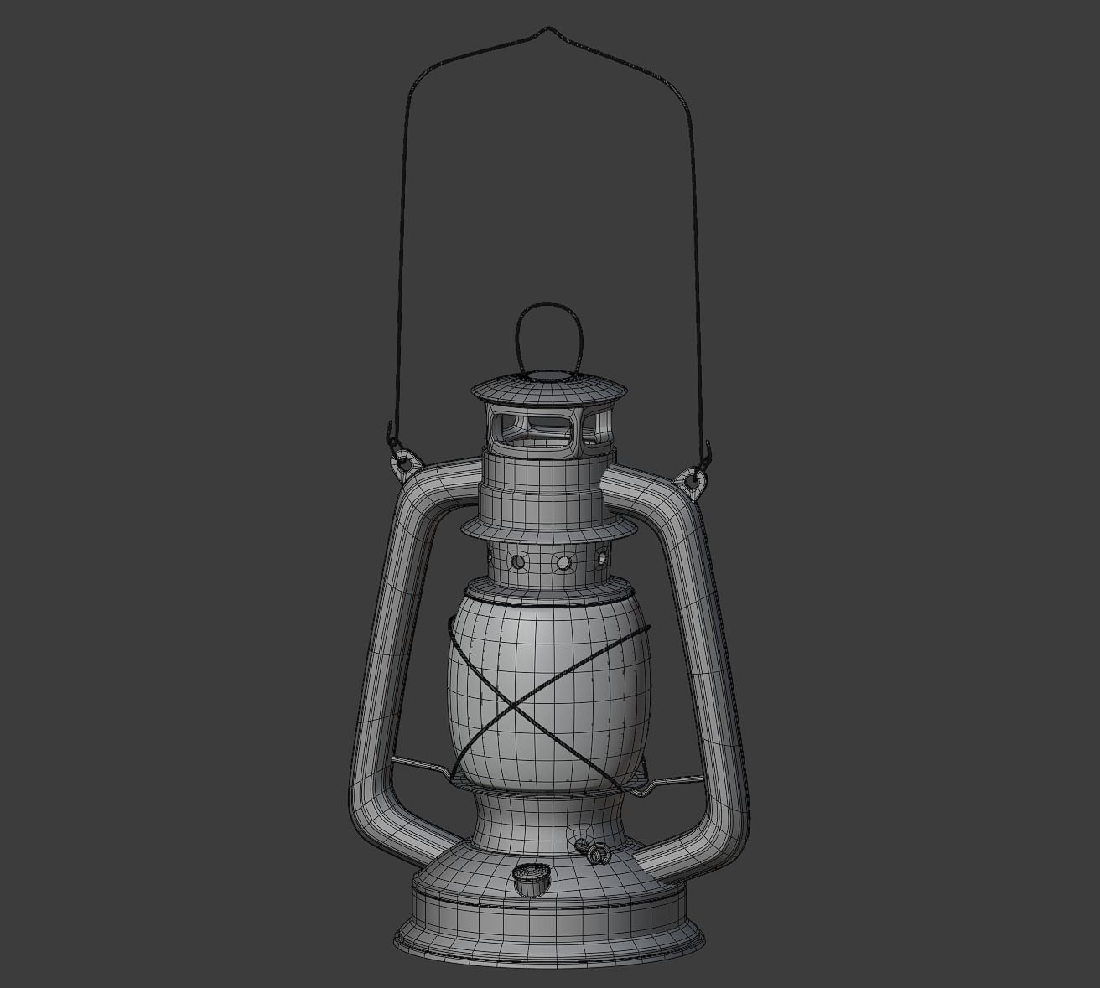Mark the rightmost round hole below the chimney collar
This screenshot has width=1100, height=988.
(601, 556)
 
